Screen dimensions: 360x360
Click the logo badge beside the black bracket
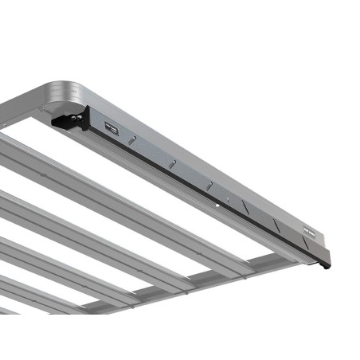[x=111, y=127]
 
